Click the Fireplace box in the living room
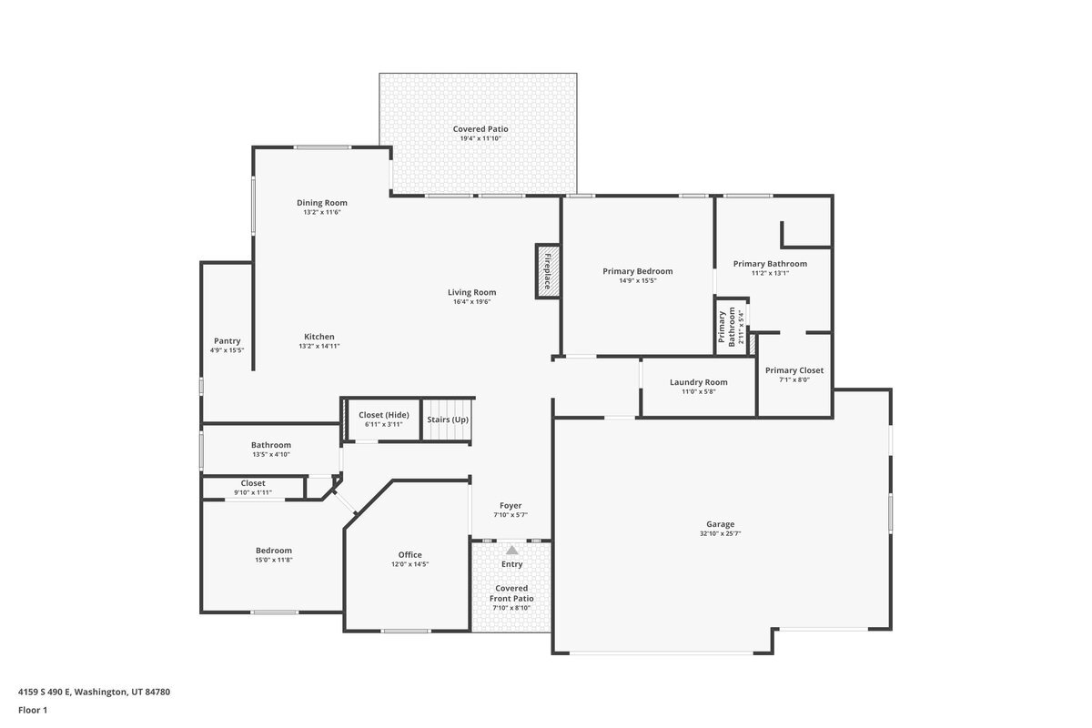[548, 271]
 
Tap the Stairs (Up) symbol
[448, 420]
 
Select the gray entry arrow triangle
[511, 550]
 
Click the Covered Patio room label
[480, 129]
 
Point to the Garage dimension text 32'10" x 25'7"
[720, 533]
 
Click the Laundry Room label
[698, 382]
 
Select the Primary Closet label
[794, 370]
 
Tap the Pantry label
[227, 341]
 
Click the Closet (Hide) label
[384, 415]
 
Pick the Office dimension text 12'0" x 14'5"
[410, 564]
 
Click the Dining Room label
[322, 203]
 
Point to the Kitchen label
[319, 337]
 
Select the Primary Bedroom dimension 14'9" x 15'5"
[638, 281]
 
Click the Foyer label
[511, 506]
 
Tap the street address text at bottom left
[94, 692]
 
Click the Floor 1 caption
[33, 710]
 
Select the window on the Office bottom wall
[406, 631]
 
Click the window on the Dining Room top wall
[322, 147]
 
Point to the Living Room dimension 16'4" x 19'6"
[472, 302]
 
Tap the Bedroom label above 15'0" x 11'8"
[274, 551]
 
